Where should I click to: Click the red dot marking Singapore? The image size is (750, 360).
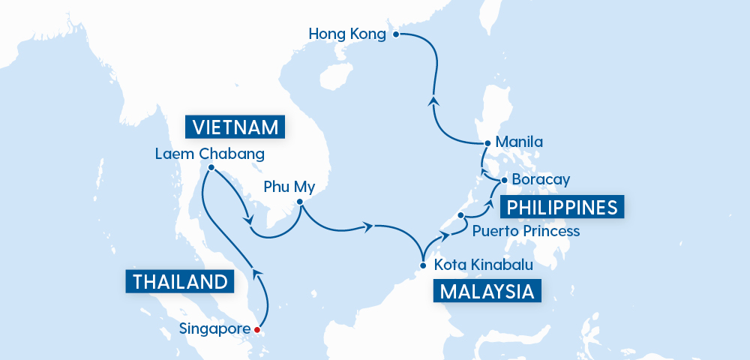pyautogui.click(x=256, y=329)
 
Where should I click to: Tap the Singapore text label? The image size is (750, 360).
pyautogui.click(x=214, y=328)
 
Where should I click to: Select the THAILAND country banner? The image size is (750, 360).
pyautogui.click(x=179, y=282)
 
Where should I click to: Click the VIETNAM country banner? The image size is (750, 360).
pyautogui.click(x=236, y=127)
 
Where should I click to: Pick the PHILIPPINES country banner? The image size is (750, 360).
pyautogui.click(x=563, y=207)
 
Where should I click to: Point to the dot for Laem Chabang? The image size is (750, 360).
pyautogui.click(x=211, y=167)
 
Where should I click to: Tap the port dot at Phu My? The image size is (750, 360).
pyautogui.click(x=299, y=202)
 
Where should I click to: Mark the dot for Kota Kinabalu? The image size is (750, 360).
pyautogui.click(x=424, y=265)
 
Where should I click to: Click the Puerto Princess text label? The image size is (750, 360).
pyautogui.click(x=526, y=231)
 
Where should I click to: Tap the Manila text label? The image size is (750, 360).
pyautogui.click(x=519, y=142)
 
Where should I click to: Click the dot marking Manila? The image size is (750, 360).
pyautogui.click(x=487, y=142)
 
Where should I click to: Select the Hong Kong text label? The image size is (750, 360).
pyautogui.click(x=346, y=34)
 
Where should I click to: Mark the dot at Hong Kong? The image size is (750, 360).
pyautogui.click(x=397, y=34)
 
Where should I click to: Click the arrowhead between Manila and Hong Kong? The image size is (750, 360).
pyautogui.click(x=433, y=100)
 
